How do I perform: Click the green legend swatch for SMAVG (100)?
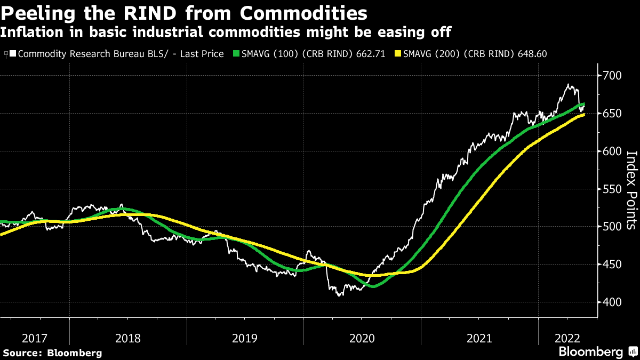237,54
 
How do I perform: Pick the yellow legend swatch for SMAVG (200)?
397,54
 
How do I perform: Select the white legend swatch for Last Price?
12,54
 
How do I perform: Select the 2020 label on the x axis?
362,338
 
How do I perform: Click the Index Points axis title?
631,189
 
